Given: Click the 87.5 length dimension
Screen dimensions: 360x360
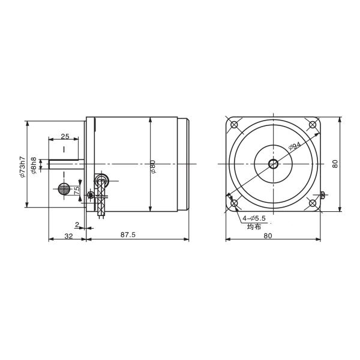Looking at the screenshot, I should [x=127, y=235].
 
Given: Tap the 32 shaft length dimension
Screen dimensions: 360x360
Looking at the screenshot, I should [x=68, y=235].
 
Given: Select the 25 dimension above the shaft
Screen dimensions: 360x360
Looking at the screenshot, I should [x=65, y=137].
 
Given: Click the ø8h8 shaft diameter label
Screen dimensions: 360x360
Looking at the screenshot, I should [x=34, y=166].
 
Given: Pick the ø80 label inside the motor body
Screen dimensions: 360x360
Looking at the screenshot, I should [x=154, y=166].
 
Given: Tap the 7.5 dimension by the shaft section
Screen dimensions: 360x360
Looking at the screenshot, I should [x=77, y=190].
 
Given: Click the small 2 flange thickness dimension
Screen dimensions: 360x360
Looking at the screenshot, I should [x=77, y=224].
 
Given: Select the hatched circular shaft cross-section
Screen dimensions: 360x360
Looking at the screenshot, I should [x=64, y=188].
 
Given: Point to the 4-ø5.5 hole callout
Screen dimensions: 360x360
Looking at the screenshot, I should [x=254, y=220].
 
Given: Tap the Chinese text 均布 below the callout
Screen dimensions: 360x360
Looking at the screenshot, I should [x=254, y=227].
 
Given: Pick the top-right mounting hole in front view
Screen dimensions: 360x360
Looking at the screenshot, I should [x=312, y=125].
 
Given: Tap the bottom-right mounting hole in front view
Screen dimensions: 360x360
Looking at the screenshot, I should [x=312, y=203].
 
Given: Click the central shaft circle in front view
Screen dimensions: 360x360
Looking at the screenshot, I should [x=273, y=163].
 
